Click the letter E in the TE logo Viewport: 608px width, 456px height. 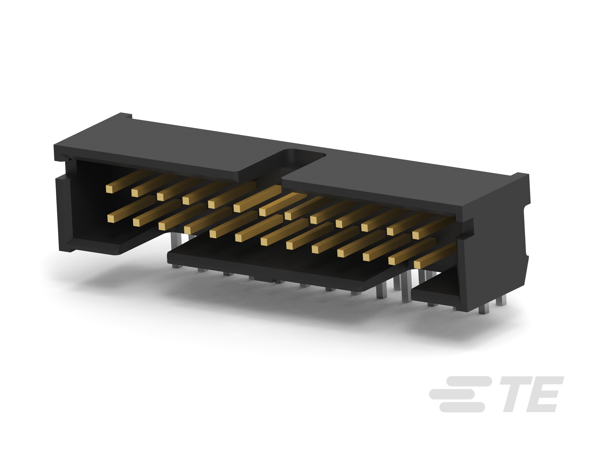(x=547, y=394)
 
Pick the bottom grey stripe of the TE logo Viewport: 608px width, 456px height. (x=462, y=407)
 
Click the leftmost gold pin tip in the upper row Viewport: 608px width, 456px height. (x=109, y=189)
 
